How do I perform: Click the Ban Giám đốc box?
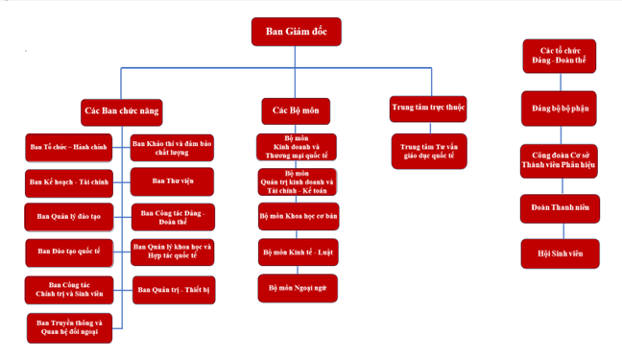[x=297, y=32]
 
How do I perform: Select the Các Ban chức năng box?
[x=122, y=112]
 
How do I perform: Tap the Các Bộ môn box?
[x=296, y=111]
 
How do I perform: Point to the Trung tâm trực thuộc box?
[x=428, y=108]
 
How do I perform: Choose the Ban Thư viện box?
[x=172, y=181]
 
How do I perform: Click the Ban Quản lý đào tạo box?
[x=69, y=217]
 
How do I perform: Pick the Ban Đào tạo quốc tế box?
[x=69, y=252]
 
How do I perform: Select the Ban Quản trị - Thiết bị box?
[x=174, y=290]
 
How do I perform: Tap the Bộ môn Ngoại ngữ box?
[x=298, y=288]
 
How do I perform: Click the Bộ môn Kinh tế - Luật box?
[x=299, y=252]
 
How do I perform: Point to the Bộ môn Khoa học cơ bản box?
[x=299, y=216]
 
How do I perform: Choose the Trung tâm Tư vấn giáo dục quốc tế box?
[x=429, y=152]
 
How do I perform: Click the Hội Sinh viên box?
[x=561, y=253]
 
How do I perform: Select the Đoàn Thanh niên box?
[x=561, y=208]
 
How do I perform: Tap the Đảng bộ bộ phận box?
[x=559, y=108]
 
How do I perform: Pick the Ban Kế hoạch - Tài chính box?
[x=69, y=183]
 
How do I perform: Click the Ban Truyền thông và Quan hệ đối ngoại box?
[x=69, y=328]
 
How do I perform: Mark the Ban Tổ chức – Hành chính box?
[x=68, y=148]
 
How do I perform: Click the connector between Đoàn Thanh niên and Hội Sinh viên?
[x=563, y=231]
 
